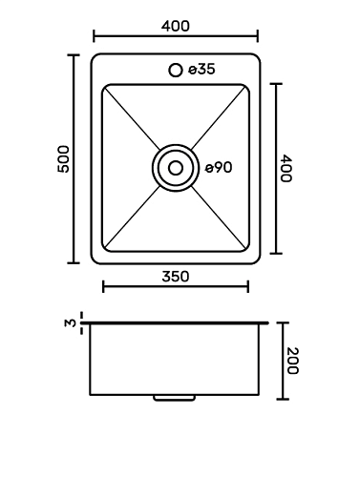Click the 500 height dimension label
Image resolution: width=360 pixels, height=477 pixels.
click(x=63, y=159)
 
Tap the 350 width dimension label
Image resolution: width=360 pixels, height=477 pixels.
click(x=176, y=277)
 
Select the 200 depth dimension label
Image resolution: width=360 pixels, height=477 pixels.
click(x=292, y=361)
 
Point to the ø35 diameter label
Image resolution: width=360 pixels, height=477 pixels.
click(x=201, y=69)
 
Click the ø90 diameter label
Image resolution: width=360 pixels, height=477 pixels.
click(x=219, y=168)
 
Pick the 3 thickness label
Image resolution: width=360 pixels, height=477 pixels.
click(x=71, y=323)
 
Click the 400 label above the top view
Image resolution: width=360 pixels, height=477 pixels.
click(x=176, y=26)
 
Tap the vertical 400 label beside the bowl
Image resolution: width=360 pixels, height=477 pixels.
click(x=286, y=169)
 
